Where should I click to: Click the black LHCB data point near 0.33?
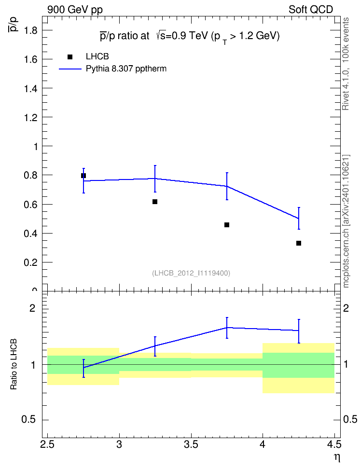[x=299, y=243]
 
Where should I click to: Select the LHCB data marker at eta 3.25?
[x=155, y=202]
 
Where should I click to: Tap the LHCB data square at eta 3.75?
[x=227, y=225]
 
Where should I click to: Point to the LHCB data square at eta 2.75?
[x=83, y=176]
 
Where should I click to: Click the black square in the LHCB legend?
[x=70, y=57]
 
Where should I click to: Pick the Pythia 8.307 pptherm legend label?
[x=126, y=69]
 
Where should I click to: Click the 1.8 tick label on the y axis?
[x=30, y=30]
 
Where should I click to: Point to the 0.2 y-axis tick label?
[x=30, y=262]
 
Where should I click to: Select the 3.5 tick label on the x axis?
[x=191, y=444]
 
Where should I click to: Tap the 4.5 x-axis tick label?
[x=334, y=444]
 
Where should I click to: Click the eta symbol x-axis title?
[x=337, y=458]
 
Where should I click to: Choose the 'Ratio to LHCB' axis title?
[x=14, y=364]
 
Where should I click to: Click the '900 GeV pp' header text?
[x=75, y=10]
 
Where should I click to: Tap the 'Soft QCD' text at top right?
[x=311, y=10]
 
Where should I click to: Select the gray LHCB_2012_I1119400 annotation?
[x=191, y=273]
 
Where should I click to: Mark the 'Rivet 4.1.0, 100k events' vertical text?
[x=346, y=64]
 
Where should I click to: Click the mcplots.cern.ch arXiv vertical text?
[x=346, y=221]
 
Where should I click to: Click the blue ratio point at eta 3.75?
[x=227, y=328]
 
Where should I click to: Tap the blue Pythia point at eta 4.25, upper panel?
[x=299, y=219]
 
